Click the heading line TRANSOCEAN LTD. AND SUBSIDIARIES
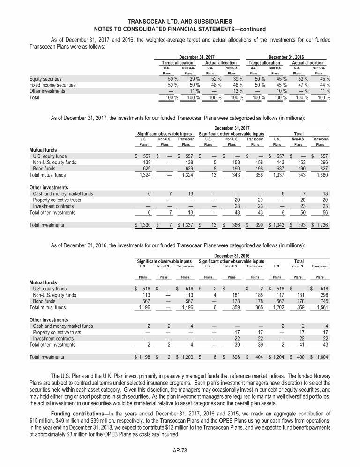tap(180, 21)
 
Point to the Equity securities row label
tap(45, 79)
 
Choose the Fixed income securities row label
tap(52, 85)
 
